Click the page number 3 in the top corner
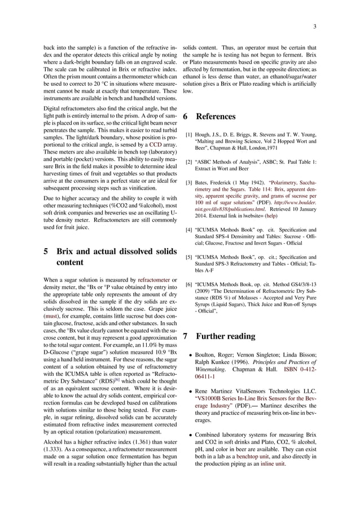pos(314,26)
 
